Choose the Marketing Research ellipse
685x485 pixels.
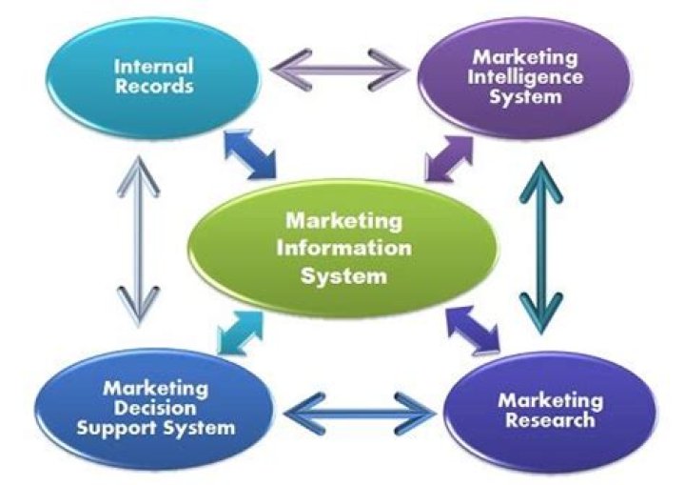(x=550, y=410)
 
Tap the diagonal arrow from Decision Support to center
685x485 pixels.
(x=238, y=330)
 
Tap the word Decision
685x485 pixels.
(x=156, y=407)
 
